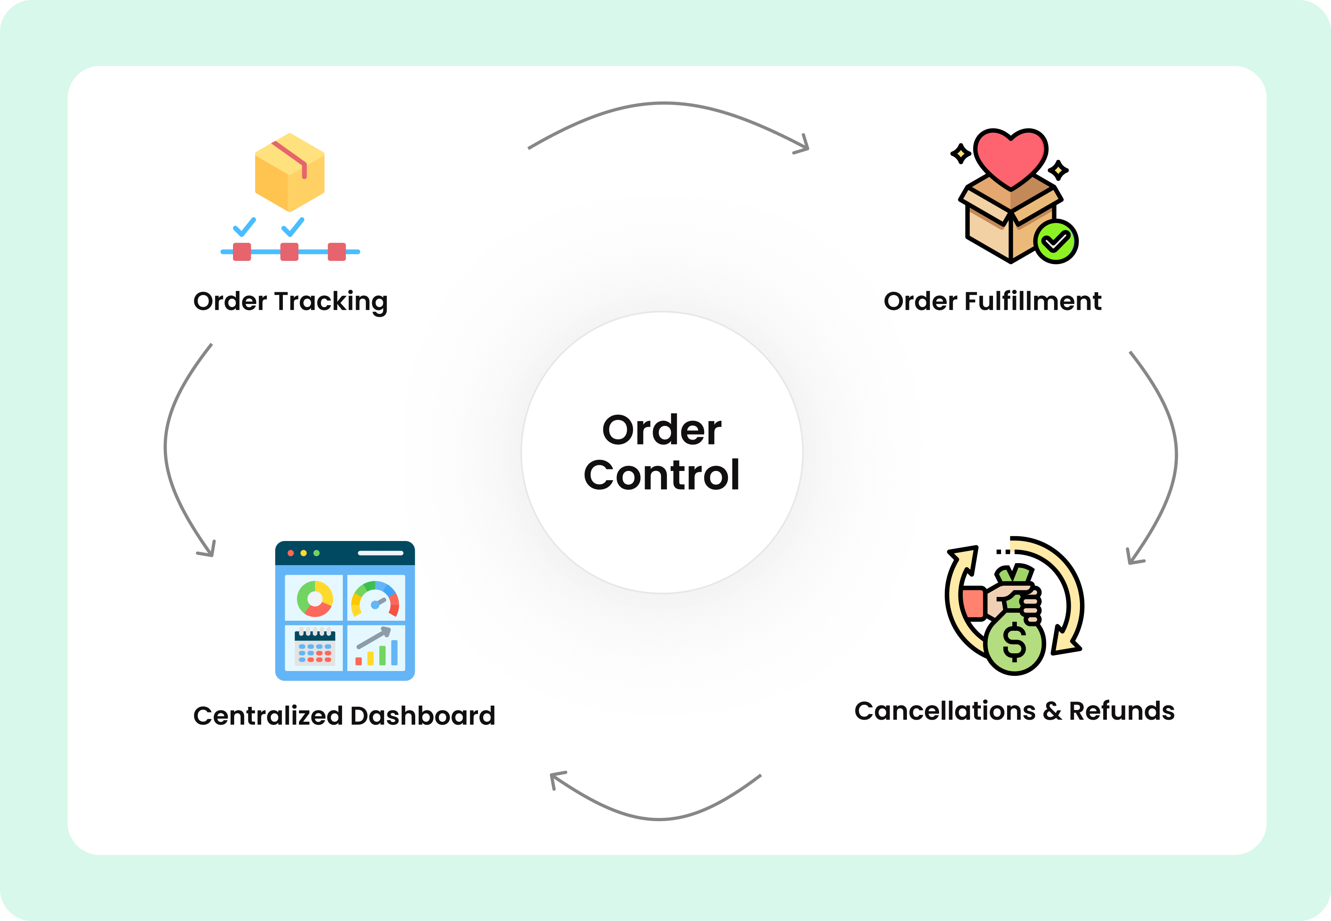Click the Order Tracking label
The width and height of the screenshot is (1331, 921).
pyautogui.click(x=290, y=301)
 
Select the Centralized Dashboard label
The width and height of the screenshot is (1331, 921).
pyautogui.click(x=344, y=716)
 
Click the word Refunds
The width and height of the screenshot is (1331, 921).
pyautogui.click(x=1122, y=711)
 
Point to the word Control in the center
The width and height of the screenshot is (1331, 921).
pyautogui.click(x=661, y=475)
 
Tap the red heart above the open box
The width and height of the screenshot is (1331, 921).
pyautogui.click(x=1010, y=156)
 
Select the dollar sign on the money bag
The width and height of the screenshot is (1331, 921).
pyautogui.click(x=1014, y=643)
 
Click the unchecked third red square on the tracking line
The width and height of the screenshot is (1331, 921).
pyautogui.click(x=337, y=252)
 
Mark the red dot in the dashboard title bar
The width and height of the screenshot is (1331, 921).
pyautogui.click(x=291, y=553)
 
